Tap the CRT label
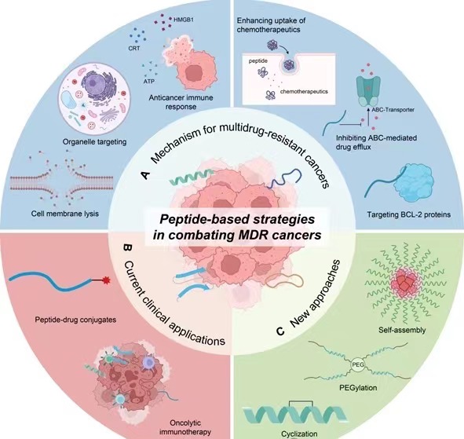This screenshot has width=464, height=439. (134, 48)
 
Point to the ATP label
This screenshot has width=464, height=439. (149, 81)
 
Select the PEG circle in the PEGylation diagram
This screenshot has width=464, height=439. (357, 364)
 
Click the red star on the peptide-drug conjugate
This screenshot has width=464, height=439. (106, 280)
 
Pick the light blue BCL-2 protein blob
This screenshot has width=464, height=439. (415, 182)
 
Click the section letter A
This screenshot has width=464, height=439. (146, 175)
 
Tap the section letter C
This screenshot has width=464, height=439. (280, 331)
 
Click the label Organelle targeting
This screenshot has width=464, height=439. (94, 142)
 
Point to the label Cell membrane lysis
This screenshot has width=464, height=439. (65, 214)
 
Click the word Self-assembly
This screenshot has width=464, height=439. (402, 330)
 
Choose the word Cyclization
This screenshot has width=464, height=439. (299, 434)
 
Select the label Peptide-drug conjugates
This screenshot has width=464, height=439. (75, 320)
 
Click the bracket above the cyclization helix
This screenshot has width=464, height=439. (301, 403)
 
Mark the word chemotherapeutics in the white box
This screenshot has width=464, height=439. (304, 91)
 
